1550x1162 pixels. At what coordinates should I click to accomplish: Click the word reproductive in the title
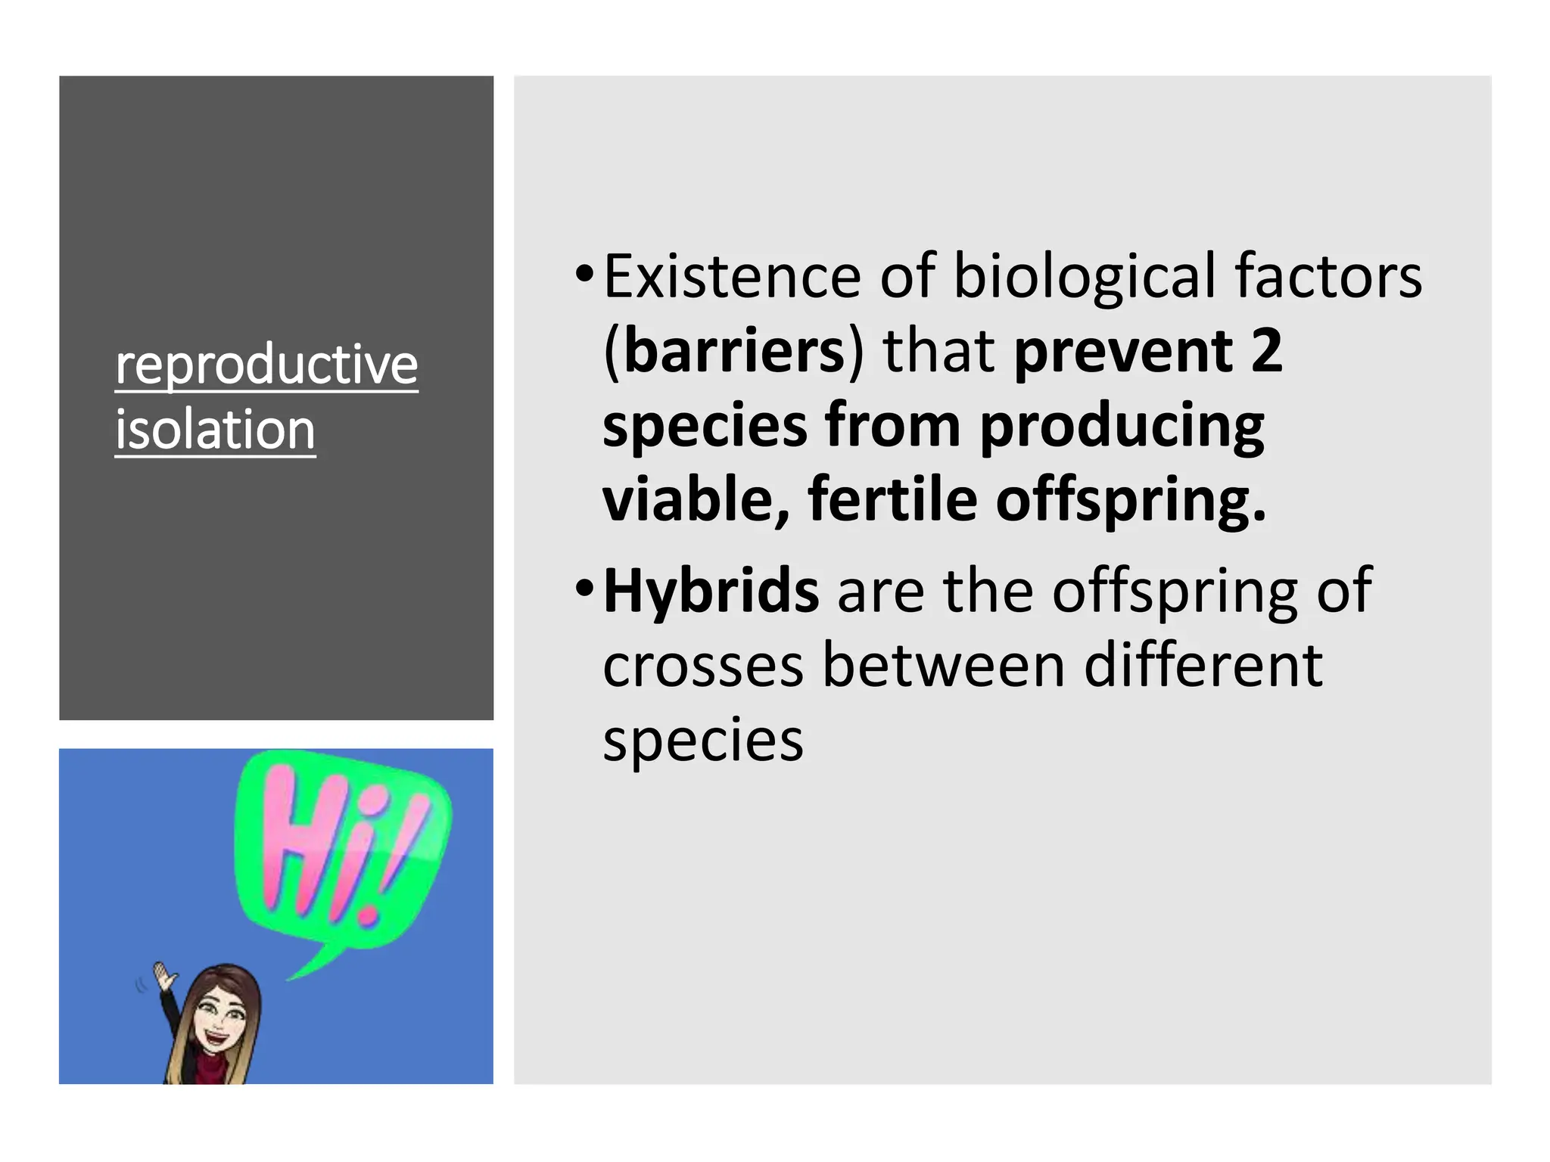click(x=266, y=365)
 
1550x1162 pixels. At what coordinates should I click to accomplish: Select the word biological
click(x=1084, y=276)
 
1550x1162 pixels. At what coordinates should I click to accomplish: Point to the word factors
click(x=1328, y=276)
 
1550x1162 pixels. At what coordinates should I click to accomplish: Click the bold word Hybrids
click(x=711, y=591)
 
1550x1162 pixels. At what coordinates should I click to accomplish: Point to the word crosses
click(x=703, y=666)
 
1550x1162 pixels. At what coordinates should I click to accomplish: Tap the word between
click(x=944, y=666)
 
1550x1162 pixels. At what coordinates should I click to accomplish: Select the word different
click(x=1203, y=666)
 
